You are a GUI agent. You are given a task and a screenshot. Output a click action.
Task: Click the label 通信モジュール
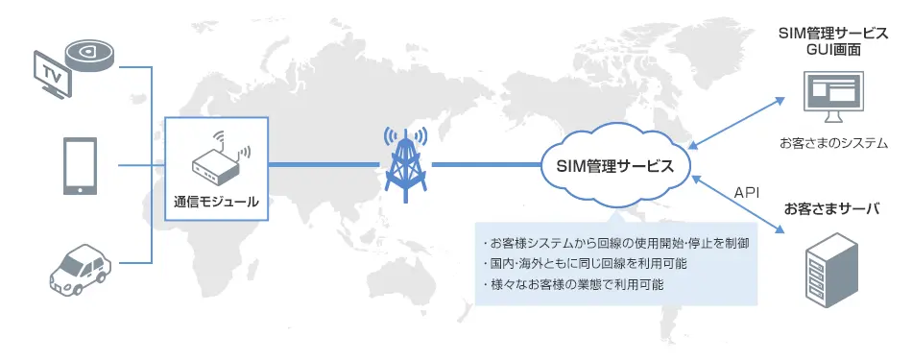tap(217, 202)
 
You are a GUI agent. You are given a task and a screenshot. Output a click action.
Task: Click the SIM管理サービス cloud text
tap(615, 165)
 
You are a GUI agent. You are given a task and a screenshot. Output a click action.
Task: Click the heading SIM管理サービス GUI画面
tap(832, 41)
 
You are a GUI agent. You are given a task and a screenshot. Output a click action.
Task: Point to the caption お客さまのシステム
tap(833, 143)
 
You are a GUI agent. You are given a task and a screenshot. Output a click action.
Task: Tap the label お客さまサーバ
tap(832, 208)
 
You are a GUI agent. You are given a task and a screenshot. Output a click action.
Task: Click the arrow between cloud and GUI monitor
tap(739, 122)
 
